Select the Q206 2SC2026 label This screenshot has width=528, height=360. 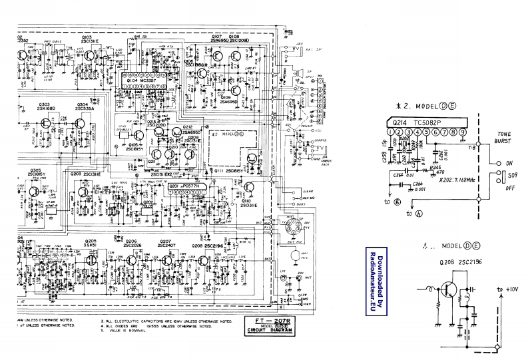[131, 244]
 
